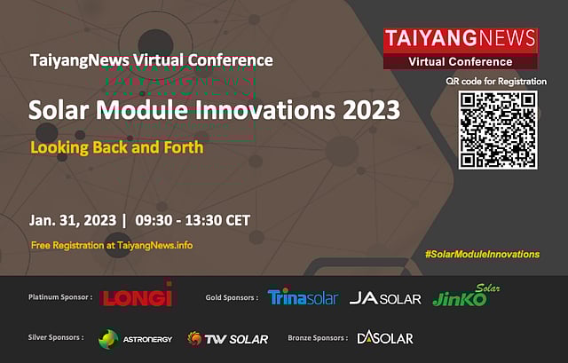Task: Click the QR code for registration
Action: (x=497, y=130)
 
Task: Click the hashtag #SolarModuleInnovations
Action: (x=482, y=254)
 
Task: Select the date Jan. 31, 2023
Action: (x=69, y=220)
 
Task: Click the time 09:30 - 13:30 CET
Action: (x=193, y=220)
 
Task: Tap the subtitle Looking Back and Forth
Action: (x=117, y=146)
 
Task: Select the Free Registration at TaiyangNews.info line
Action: (x=112, y=245)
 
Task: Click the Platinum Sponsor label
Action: (x=60, y=297)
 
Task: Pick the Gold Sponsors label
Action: (x=231, y=297)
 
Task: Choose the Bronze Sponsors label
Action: (x=318, y=337)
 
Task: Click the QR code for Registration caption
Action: (x=496, y=81)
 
